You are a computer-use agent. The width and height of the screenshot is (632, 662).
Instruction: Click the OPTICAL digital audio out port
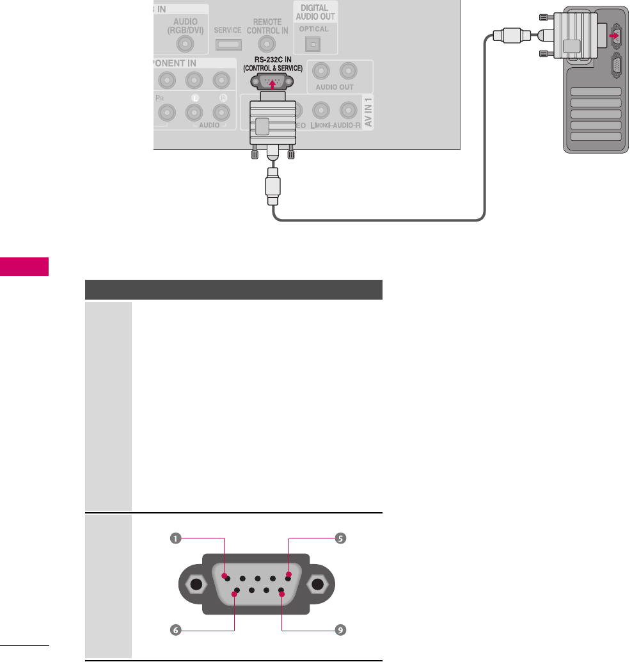pyautogui.click(x=313, y=44)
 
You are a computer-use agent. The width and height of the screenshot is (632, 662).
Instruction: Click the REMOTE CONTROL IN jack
pyautogui.click(x=266, y=44)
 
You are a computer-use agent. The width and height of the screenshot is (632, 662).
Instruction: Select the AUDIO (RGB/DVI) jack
pyautogui.click(x=185, y=44)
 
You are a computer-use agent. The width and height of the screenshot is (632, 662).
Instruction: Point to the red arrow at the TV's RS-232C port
pyautogui.click(x=273, y=83)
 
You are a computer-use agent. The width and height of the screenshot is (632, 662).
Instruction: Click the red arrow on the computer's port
pyautogui.click(x=616, y=36)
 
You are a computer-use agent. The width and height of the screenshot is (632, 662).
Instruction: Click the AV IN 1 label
pyautogui.click(x=367, y=113)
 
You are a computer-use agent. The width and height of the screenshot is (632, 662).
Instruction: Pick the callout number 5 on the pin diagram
pyautogui.click(x=341, y=538)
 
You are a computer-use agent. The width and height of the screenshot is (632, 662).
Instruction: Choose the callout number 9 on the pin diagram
pyautogui.click(x=341, y=630)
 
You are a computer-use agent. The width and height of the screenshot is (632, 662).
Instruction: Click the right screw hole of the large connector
pyautogui.click(x=317, y=585)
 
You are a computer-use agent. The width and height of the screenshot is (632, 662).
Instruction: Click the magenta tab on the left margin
pyautogui.click(x=24, y=266)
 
